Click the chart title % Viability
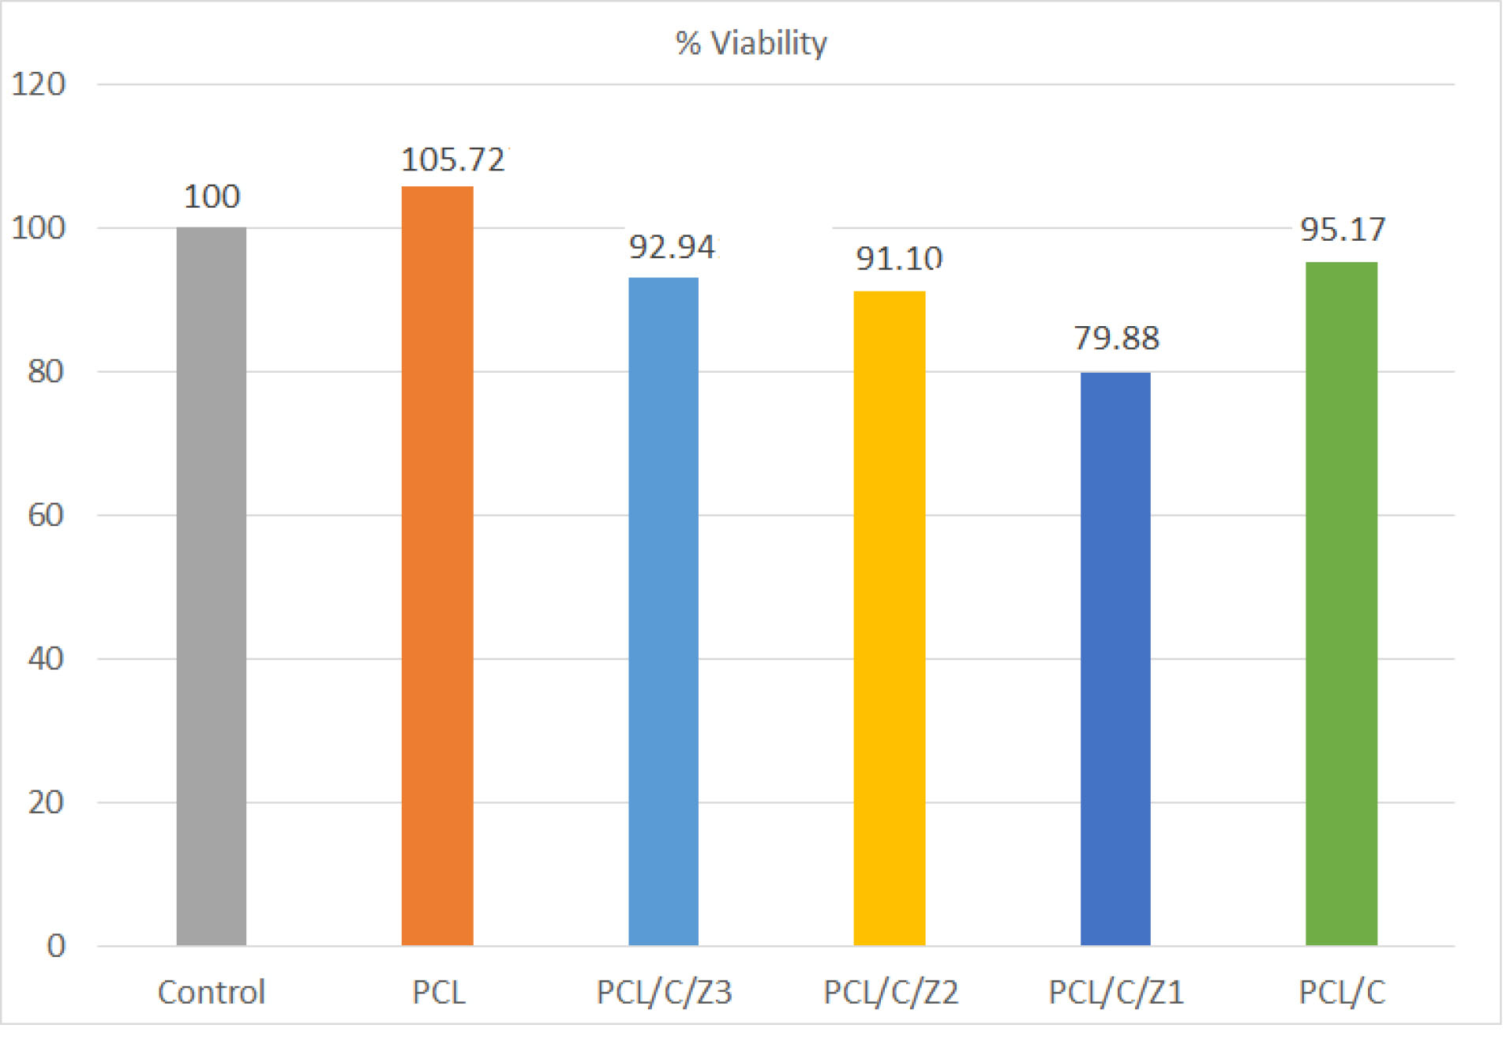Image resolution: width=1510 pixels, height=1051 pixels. tap(751, 43)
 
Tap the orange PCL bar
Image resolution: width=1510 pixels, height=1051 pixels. tap(437, 565)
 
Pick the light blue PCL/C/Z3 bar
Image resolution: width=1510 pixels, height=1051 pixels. tap(663, 611)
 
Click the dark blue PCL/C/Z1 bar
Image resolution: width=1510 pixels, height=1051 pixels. tap(1115, 659)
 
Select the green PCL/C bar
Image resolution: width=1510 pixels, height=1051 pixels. tap(1341, 603)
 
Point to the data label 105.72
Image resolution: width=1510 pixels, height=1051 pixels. tap(453, 160)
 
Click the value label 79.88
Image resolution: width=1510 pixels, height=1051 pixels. tap(1116, 339)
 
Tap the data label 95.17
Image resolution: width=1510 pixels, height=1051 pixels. tap(1343, 230)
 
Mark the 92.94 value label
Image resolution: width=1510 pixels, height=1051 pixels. tap(672, 248)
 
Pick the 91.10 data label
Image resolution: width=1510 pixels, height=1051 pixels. tap(899, 259)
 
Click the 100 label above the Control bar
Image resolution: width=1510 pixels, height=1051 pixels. tap(212, 197)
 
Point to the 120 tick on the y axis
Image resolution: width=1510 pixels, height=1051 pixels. tap(38, 84)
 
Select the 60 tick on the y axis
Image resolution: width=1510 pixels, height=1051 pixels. tap(46, 516)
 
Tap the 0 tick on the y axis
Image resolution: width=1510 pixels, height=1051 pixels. tap(55, 946)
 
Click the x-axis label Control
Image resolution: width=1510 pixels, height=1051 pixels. tap(212, 993)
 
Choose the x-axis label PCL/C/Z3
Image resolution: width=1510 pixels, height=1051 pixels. tap(664, 993)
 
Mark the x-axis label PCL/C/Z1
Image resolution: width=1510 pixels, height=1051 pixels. tap(1116, 993)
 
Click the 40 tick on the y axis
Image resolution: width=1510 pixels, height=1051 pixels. tap(46, 659)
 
